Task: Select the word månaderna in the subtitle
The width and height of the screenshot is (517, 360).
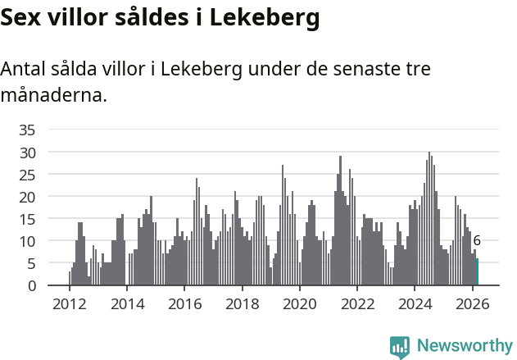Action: coord(52,95)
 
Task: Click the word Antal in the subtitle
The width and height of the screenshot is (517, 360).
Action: coord(24,69)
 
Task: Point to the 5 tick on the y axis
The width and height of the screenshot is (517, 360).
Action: coord(31,263)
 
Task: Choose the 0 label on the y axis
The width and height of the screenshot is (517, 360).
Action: coord(31,285)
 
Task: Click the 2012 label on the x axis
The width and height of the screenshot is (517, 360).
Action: coord(69,303)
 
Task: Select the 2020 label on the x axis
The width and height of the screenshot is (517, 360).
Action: coord(299,303)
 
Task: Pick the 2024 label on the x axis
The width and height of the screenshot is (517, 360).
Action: coord(415,303)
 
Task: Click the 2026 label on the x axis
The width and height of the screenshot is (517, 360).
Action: coord(472,303)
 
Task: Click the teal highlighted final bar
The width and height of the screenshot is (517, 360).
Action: coord(477,272)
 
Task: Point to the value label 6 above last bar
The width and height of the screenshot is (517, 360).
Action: coord(477,241)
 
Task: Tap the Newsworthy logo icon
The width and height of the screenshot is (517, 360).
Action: coord(400,347)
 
